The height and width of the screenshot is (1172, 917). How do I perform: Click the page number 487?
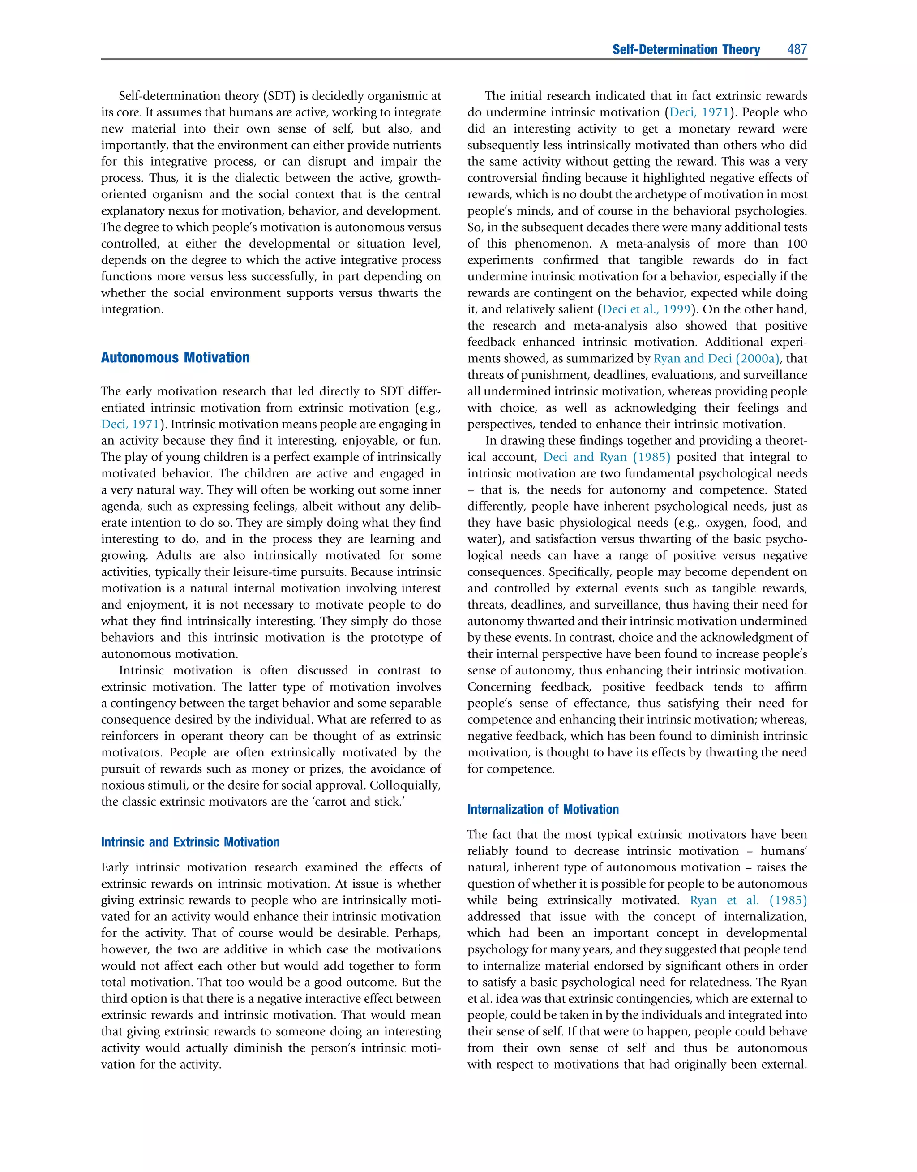(x=797, y=49)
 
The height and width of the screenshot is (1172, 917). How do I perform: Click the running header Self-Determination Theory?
(x=686, y=49)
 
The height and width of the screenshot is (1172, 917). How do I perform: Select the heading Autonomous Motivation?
(x=175, y=357)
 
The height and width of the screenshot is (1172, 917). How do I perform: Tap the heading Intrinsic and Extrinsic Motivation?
(x=190, y=842)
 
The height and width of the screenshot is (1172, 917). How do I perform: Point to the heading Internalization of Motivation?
(x=543, y=809)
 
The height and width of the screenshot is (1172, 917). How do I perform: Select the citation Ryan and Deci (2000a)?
(x=717, y=359)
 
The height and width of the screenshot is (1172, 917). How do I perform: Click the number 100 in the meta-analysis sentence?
(x=797, y=244)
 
